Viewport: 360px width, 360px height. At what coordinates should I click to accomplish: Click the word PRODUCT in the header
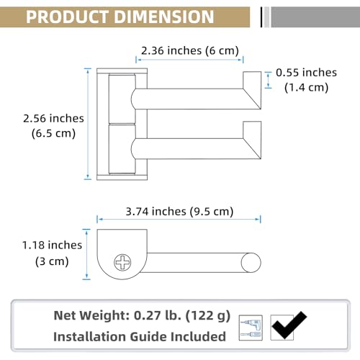coord(67,17)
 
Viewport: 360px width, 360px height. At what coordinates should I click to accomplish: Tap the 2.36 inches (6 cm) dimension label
coord(190,50)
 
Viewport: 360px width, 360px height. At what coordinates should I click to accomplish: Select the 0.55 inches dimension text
coord(306,73)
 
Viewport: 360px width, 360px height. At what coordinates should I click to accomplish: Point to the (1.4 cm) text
coord(306,87)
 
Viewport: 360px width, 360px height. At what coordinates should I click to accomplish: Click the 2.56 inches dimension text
coord(53,118)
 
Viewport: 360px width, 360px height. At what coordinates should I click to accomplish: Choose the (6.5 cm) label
coord(53,133)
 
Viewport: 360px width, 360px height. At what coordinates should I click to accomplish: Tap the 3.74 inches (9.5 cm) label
coord(179,212)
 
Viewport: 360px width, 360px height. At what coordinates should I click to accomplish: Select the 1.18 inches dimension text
coord(52,245)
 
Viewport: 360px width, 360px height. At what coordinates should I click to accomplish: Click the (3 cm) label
coord(52,261)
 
